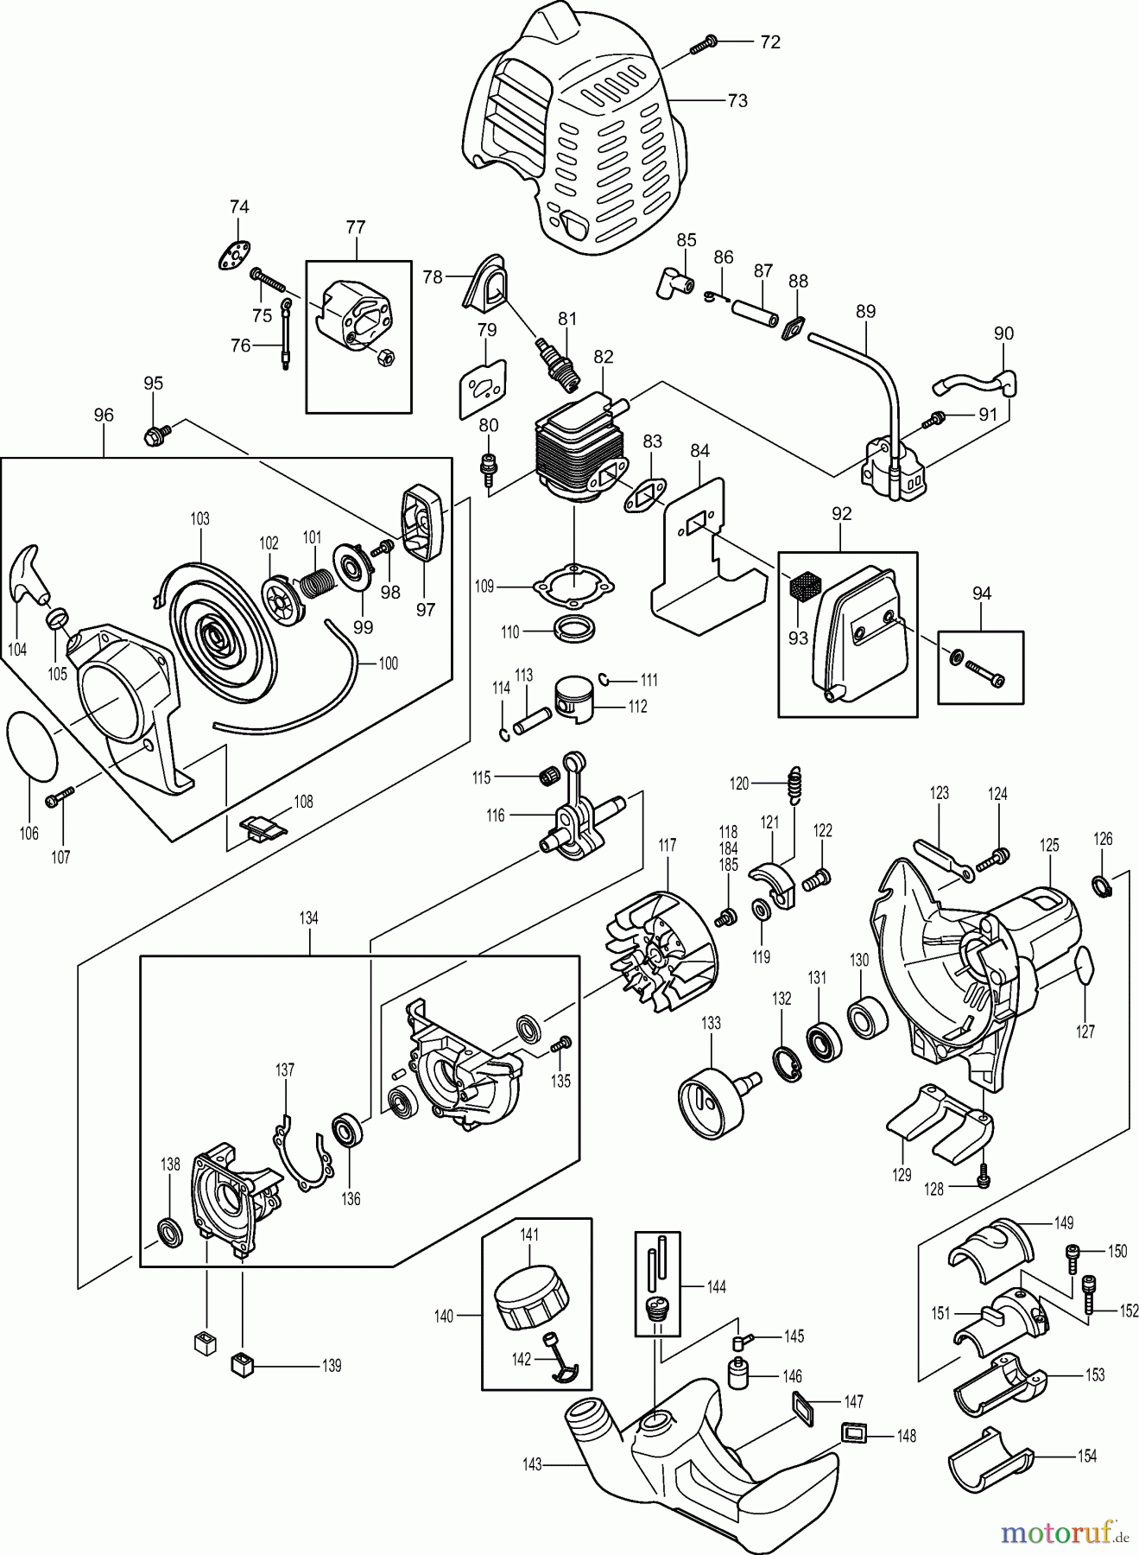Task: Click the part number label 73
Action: click(x=737, y=101)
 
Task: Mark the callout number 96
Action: click(x=103, y=416)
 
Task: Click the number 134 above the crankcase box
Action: click(x=308, y=918)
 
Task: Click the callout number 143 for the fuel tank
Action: click(x=532, y=1464)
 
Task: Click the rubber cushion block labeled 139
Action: click(x=244, y=1366)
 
